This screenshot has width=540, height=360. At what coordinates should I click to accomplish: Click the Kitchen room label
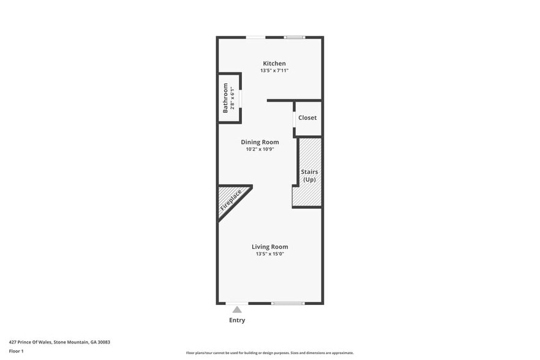pyautogui.click(x=274, y=64)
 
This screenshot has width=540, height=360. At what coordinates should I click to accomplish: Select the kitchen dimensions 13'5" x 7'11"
pyautogui.click(x=274, y=71)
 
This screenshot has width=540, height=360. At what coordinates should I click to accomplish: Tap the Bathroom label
pyautogui.click(x=225, y=98)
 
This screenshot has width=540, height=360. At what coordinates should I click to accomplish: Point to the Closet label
pyautogui.click(x=307, y=118)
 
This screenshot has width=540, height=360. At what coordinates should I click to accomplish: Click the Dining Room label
pyautogui.click(x=260, y=142)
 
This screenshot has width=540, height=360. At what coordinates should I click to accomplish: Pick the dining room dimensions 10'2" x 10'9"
pyautogui.click(x=260, y=149)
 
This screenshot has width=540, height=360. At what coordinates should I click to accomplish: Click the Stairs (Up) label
pyautogui.click(x=309, y=176)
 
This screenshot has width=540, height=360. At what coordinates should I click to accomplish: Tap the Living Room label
pyautogui.click(x=270, y=247)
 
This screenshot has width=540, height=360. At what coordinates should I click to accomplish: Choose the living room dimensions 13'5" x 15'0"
pyautogui.click(x=270, y=254)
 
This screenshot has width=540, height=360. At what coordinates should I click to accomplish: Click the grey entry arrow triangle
pyautogui.click(x=237, y=310)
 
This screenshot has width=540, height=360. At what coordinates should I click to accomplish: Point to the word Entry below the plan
pyautogui.click(x=237, y=320)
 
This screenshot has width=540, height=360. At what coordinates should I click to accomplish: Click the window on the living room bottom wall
pyautogui.click(x=288, y=303)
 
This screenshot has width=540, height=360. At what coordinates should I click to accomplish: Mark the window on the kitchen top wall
pyautogui.click(x=294, y=37)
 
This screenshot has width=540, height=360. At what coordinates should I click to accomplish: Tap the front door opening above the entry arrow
pyautogui.click(x=237, y=303)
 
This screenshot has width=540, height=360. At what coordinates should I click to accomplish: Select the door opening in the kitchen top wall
pyautogui.click(x=256, y=37)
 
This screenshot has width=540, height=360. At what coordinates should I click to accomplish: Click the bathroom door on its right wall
pyautogui.click(x=241, y=98)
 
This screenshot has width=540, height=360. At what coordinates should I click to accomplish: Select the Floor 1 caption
pyautogui.click(x=16, y=351)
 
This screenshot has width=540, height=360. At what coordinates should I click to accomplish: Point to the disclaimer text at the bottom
pyautogui.click(x=269, y=353)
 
